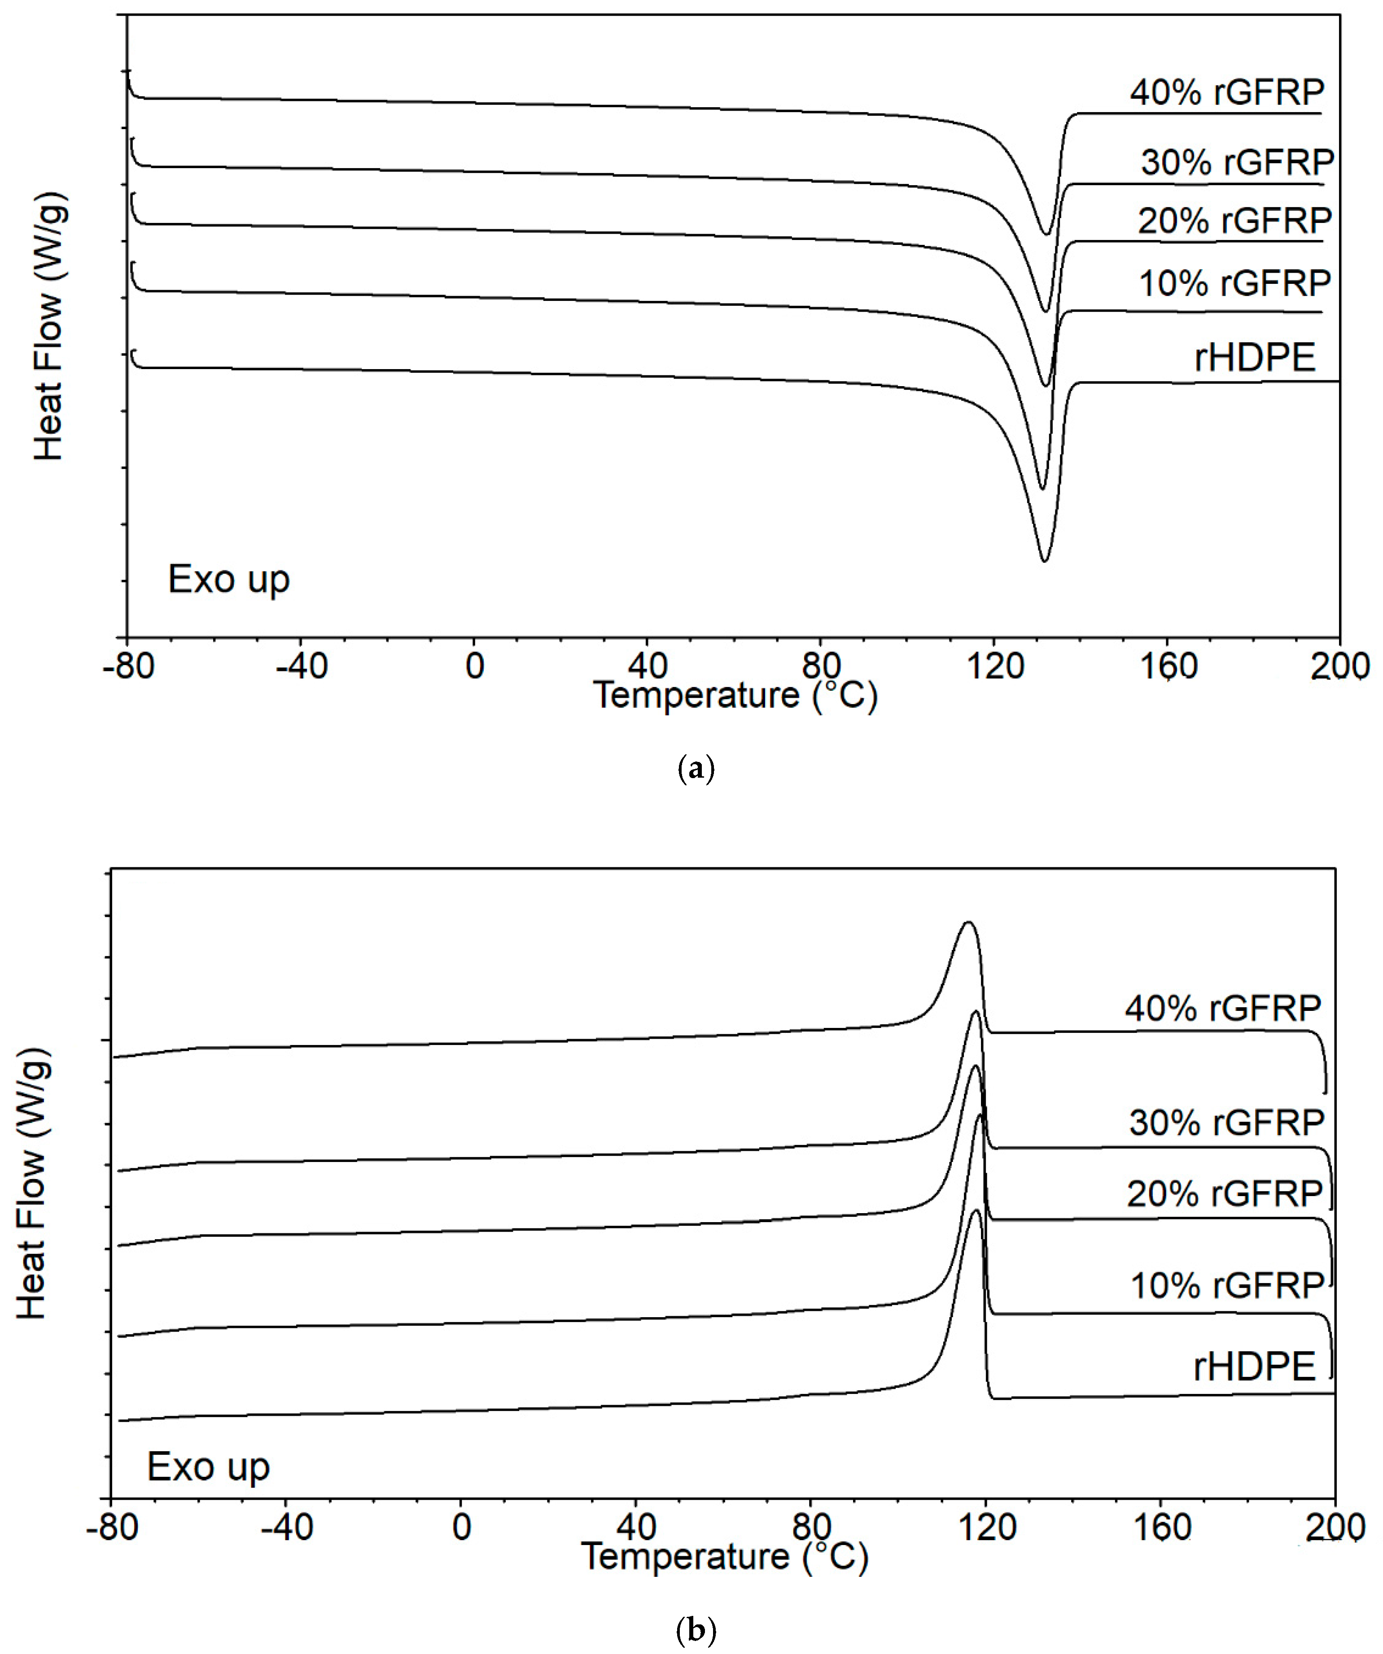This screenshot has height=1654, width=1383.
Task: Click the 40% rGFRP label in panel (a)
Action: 1227,93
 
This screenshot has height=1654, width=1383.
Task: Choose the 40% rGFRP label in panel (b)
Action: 1223,1009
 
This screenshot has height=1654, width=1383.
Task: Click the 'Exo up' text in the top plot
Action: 228,580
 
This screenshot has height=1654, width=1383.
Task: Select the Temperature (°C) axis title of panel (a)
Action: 735,696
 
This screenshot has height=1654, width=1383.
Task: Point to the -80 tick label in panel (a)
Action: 127,667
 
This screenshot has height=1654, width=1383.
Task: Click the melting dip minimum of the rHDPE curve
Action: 1044,561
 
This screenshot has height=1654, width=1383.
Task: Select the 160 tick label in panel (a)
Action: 1169,667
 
